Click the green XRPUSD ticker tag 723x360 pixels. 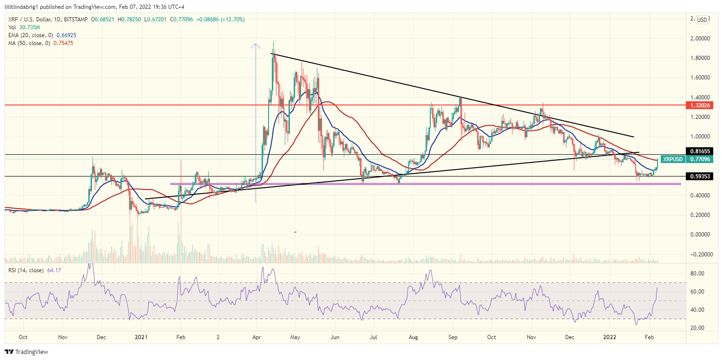[x=673, y=159]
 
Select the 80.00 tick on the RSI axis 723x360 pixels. [x=698, y=274]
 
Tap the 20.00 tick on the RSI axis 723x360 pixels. [x=698, y=328]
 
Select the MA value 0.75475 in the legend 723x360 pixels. [x=63, y=43]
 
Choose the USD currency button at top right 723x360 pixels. [x=702, y=20]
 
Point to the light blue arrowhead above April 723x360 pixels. [x=255, y=46]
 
